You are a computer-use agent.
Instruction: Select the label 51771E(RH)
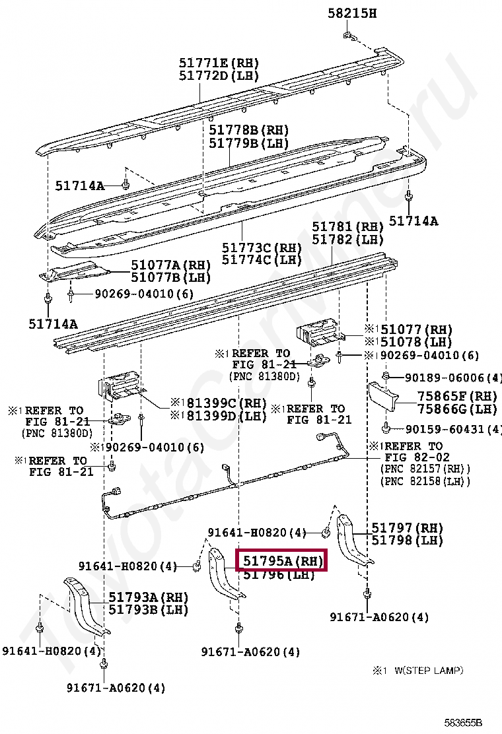219,63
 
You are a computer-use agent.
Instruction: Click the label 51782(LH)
347,240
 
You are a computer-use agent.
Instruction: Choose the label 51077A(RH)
170,265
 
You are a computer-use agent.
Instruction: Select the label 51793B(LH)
148,609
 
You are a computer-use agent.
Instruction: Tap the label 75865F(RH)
456,397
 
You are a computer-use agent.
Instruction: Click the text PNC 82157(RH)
425,469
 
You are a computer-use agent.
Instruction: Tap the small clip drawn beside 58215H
348,37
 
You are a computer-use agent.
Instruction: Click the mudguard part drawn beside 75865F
382,399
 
